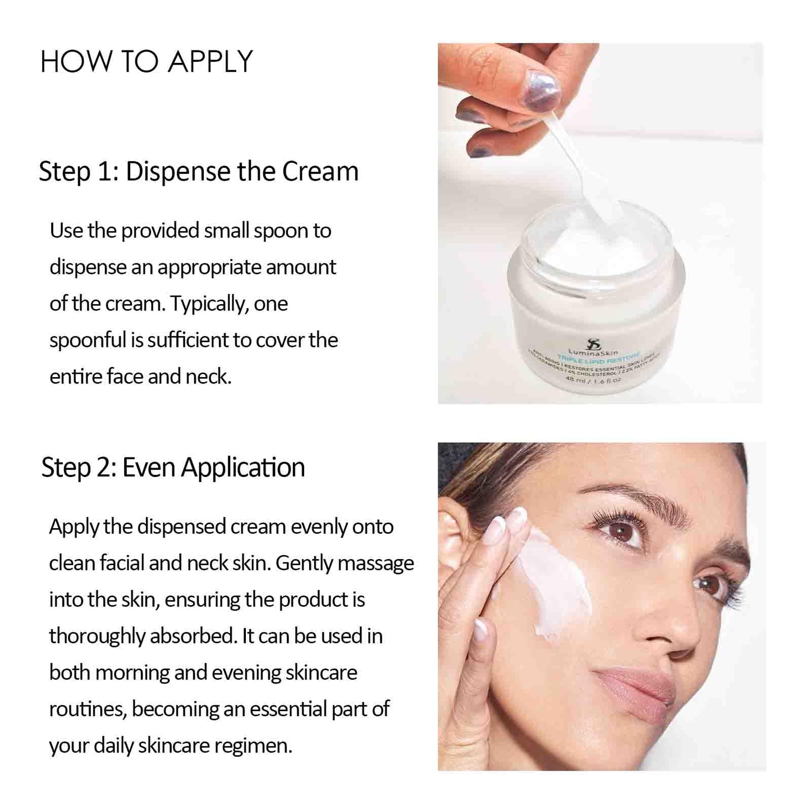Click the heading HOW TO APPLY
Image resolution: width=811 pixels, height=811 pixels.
[146, 62]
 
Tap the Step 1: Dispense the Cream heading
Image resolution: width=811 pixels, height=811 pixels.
[198, 172]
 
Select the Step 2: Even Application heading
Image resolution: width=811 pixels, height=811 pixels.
[173, 468]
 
